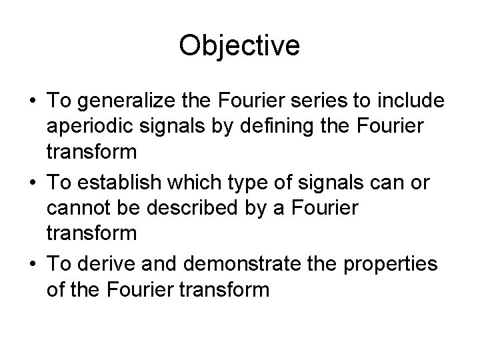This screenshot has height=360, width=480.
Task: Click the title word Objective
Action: coord(240,46)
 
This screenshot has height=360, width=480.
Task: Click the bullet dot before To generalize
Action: coord(31,101)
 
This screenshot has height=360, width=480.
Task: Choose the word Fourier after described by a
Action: coord(325,207)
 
